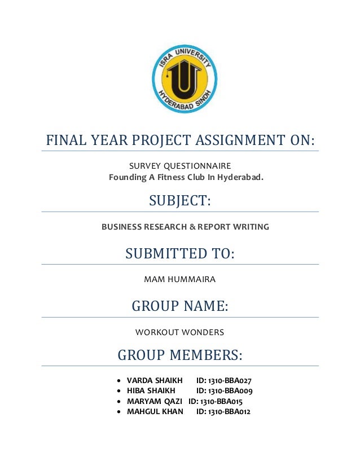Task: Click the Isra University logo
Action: click(x=184, y=80)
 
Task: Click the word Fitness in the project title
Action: click(x=175, y=178)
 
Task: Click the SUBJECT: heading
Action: click(x=180, y=201)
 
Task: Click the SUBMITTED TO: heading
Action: click(x=179, y=254)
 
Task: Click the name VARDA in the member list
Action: click(x=138, y=380)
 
